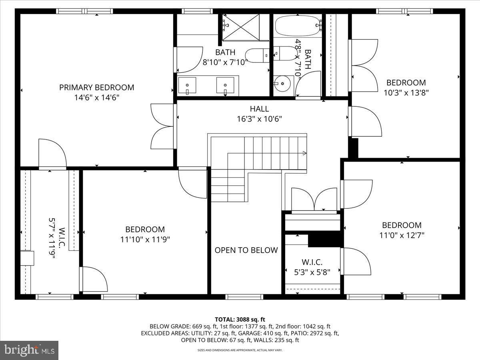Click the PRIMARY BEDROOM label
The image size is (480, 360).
pos(97,87)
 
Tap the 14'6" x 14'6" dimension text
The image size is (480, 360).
pos(97,97)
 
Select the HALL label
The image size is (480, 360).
pos(259,109)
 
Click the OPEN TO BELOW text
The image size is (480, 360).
pos(246,250)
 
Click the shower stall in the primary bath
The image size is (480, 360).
pos(240,27)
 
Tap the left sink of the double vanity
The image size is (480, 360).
pos(187,86)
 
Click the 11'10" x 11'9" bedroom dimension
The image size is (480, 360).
pos(145,240)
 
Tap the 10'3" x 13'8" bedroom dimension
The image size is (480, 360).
pos(406,93)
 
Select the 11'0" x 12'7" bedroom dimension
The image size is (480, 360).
pos(402,235)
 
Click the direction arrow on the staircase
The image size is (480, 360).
pos(304,153)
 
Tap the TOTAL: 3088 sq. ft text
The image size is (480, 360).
pos(240,319)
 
